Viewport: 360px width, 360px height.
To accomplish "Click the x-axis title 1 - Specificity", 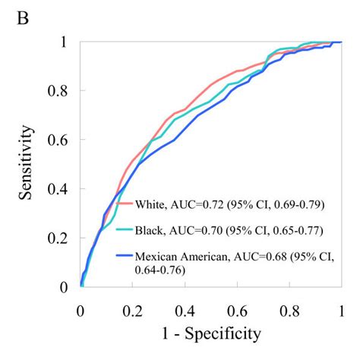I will [210, 333].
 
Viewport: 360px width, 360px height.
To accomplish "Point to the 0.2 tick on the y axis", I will [62, 238].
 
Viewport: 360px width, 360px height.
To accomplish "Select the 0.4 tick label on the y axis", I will [62, 189].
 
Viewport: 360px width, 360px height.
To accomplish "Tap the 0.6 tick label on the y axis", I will [62, 140].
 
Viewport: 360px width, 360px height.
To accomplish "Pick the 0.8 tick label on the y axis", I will [62, 91].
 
